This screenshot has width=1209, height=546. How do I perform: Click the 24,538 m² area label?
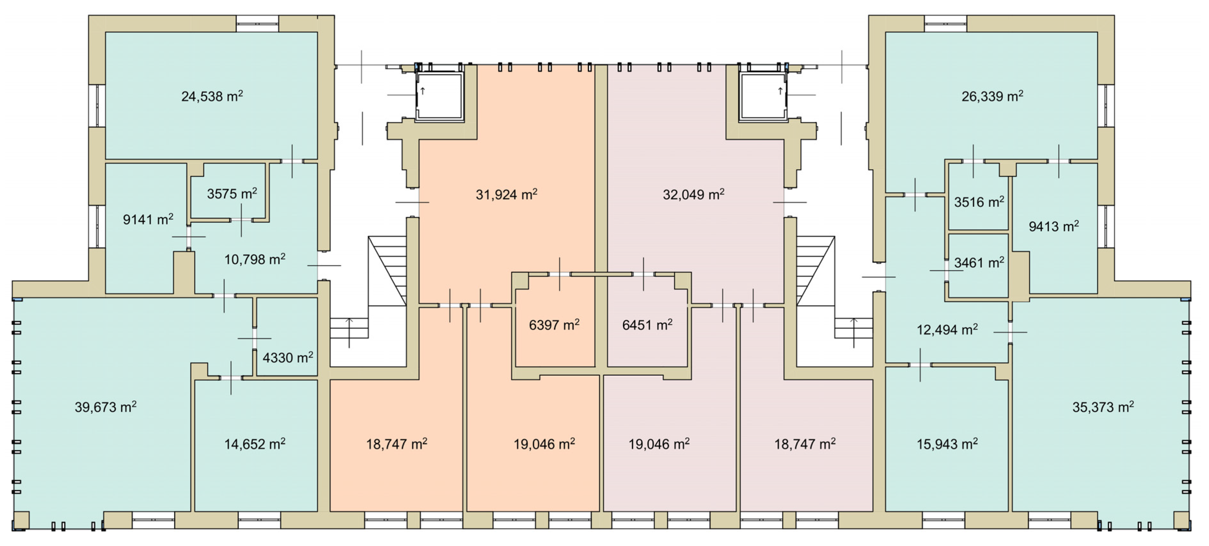tap(212, 96)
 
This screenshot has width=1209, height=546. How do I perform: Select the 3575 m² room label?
tap(232, 193)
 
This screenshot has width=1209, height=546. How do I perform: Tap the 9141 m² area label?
tap(148, 219)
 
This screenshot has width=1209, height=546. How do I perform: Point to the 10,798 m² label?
tap(255, 259)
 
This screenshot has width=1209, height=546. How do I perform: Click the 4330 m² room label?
tap(288, 358)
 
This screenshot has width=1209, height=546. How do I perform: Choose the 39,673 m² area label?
tap(106, 407)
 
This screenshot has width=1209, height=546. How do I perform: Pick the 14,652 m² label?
tap(255, 444)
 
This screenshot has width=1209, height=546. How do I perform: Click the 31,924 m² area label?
tap(506, 194)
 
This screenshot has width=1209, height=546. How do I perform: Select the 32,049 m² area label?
tap(694, 194)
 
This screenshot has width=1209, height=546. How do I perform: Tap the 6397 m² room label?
tap(554, 325)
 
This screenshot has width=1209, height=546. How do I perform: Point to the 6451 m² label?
tap(647, 325)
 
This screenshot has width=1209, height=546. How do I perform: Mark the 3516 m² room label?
tap(979, 202)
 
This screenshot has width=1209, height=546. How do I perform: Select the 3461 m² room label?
tap(979, 262)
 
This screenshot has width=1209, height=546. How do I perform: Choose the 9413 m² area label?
tap(1054, 226)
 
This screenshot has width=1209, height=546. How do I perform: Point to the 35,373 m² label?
tap(1103, 407)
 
